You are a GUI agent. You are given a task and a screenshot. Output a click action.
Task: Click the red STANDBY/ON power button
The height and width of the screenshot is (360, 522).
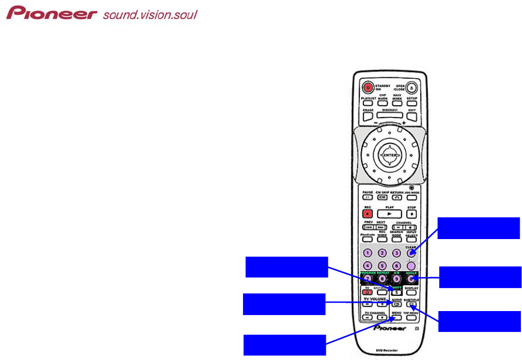[x=368, y=87]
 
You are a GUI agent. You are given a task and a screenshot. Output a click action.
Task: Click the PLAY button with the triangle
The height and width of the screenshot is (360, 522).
[x=389, y=214]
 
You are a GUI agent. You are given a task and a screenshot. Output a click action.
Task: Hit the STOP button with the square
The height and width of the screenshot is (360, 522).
[x=412, y=214]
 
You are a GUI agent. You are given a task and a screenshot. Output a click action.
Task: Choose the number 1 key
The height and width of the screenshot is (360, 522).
[x=368, y=254]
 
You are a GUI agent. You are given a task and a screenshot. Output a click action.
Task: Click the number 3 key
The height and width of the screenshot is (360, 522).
[x=397, y=254]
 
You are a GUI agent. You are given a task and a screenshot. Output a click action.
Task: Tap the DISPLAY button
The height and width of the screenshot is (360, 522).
[x=412, y=292]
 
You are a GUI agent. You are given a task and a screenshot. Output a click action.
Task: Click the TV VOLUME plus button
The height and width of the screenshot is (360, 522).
[x=382, y=304]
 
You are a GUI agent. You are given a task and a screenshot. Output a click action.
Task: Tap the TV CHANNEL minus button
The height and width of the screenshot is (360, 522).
[x=367, y=317]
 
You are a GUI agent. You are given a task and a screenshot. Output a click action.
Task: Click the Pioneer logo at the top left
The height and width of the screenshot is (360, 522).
[x=52, y=13]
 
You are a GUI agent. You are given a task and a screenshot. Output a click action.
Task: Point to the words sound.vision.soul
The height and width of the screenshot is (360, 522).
[x=150, y=14]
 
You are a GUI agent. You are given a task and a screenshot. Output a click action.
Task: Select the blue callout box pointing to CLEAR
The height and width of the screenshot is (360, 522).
[x=479, y=228]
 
